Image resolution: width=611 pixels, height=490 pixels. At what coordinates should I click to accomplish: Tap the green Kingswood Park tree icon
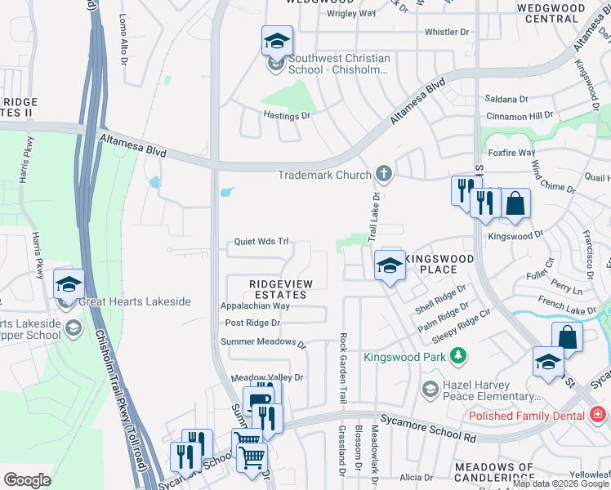pyautogui.click(x=459, y=355)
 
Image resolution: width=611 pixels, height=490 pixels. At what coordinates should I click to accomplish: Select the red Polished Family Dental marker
pyautogui.click(x=599, y=415)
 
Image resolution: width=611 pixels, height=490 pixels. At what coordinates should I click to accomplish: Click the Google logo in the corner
pyautogui.click(x=27, y=479)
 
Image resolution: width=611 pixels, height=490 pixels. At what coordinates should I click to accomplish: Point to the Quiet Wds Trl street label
pyautogui.click(x=262, y=242)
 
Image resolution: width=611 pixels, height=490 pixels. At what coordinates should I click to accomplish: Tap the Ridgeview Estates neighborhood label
pyautogui.click(x=280, y=288)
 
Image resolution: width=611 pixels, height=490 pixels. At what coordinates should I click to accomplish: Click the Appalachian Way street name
pyautogui.click(x=255, y=306)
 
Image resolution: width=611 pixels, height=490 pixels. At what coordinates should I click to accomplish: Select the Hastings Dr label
pyautogui.click(x=287, y=116)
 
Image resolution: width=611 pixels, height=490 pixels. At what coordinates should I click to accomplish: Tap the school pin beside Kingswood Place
pyautogui.click(x=390, y=265)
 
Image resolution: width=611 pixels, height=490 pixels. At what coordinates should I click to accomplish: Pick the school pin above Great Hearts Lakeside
pyautogui.click(x=69, y=284)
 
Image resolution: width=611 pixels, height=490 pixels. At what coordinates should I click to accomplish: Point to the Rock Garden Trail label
pyautogui.click(x=343, y=367)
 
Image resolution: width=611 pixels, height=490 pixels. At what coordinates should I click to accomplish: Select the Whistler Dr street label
pyautogui.click(x=448, y=32)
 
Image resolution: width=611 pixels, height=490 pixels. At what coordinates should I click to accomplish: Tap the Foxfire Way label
pyautogui.click(x=511, y=153)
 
